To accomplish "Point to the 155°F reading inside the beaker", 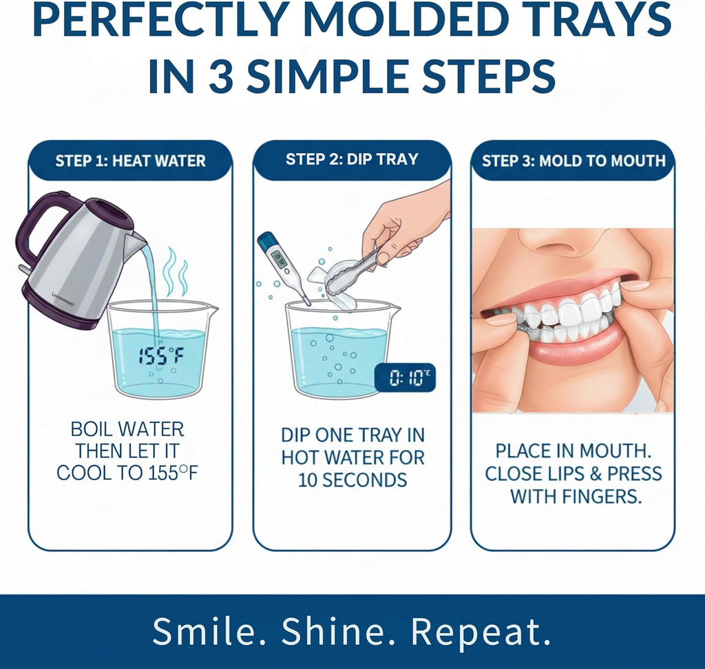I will [x=161, y=356].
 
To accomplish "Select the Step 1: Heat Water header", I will [x=130, y=161].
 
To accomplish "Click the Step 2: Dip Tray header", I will [x=352, y=159].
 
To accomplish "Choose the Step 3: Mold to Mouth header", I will [x=574, y=161].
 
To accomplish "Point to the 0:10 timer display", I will [x=404, y=378].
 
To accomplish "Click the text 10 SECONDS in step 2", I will [x=352, y=480].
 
